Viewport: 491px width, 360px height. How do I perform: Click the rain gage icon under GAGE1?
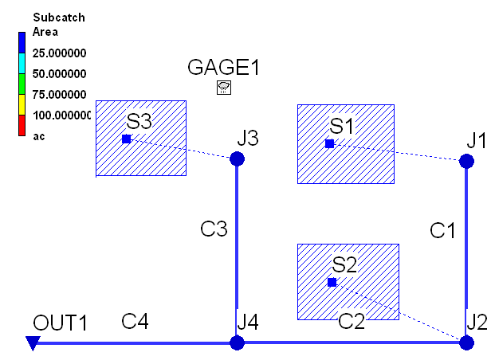click(x=224, y=88)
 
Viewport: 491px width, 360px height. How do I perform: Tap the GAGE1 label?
click(x=224, y=68)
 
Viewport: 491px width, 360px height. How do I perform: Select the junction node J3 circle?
click(x=237, y=159)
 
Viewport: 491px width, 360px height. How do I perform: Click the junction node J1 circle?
click(x=466, y=160)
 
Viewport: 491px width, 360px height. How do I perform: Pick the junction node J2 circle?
click(x=466, y=342)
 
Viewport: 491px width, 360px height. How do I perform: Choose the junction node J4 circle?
click(x=237, y=343)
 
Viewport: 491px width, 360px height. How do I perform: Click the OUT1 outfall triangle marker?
click(x=32, y=343)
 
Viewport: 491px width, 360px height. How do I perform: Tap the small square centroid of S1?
click(x=329, y=144)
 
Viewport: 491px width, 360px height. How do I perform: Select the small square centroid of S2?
click(x=332, y=283)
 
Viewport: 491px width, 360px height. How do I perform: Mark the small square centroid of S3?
click(x=126, y=139)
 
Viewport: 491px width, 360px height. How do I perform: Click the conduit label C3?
click(x=214, y=229)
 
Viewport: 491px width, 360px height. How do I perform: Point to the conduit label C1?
click(x=442, y=231)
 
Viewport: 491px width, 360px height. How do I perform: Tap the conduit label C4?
click(x=136, y=322)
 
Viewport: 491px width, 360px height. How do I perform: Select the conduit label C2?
click(x=352, y=322)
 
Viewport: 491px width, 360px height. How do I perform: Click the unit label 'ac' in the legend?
click(x=38, y=136)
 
